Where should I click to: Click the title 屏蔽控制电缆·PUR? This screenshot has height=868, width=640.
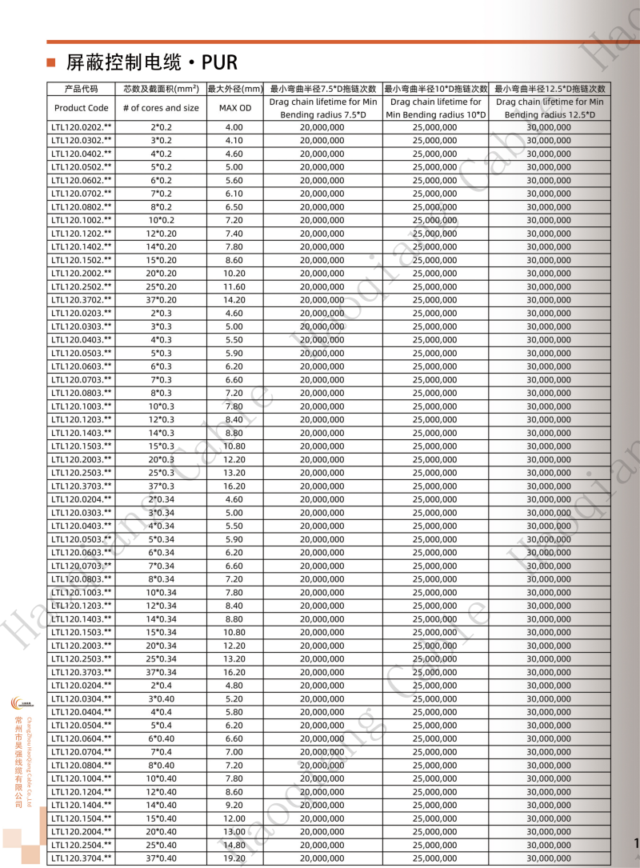click(x=152, y=62)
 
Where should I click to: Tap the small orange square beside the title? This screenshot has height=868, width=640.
click(x=51, y=62)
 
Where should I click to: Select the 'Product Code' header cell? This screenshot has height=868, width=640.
click(x=82, y=108)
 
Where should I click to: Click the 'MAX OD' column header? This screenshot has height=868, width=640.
click(x=234, y=108)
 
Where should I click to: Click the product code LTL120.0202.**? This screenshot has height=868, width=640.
click(x=82, y=127)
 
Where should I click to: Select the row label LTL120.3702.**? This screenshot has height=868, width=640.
click(x=82, y=300)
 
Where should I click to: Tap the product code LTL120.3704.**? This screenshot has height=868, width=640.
click(x=82, y=858)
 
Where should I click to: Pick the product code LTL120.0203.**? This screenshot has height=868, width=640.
click(x=82, y=313)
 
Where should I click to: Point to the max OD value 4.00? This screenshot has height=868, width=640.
click(x=234, y=127)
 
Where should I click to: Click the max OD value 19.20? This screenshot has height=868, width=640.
click(x=234, y=858)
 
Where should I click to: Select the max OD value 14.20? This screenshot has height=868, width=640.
click(x=234, y=300)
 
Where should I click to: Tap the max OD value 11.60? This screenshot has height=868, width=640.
click(x=234, y=286)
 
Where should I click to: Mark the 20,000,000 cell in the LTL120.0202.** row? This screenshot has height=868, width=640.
click(x=322, y=127)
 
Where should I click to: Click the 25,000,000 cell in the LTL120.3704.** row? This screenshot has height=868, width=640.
click(x=435, y=858)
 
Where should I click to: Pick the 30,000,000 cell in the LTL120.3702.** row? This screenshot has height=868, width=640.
click(x=549, y=300)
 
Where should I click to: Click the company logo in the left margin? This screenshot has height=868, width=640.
click(x=18, y=703)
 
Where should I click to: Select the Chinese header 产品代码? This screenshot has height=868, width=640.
click(x=82, y=89)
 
